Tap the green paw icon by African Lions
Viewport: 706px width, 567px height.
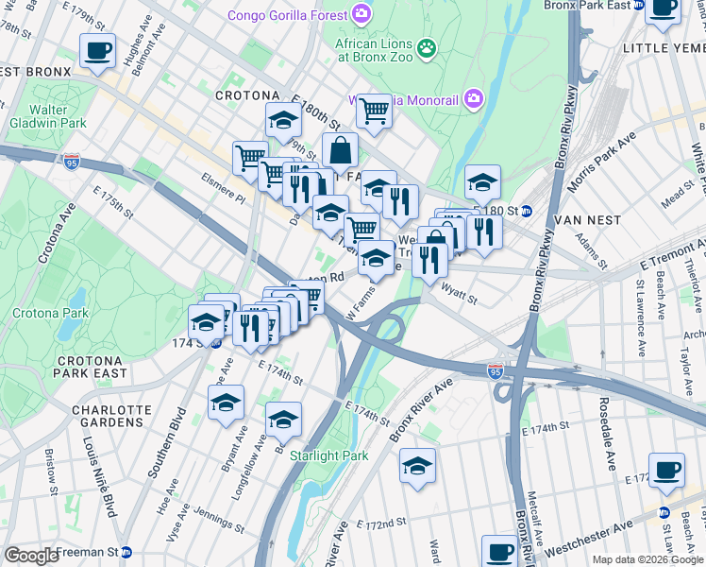coord(428,47)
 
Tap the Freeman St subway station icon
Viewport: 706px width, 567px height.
coord(126,552)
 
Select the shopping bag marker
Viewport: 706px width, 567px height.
coord(340,149)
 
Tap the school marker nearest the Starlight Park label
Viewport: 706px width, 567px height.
coord(282,420)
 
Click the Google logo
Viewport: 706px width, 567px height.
coord(31,556)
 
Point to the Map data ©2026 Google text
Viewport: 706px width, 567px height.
coord(647,559)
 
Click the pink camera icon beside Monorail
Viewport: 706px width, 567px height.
coord(473,97)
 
